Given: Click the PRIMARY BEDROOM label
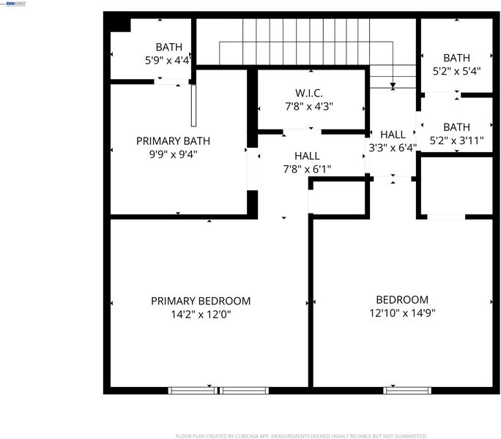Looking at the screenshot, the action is point(201,301).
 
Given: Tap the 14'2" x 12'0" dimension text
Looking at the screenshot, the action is point(201,315).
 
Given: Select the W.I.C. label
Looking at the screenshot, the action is point(308,93).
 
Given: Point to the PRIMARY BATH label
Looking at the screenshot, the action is point(173,140).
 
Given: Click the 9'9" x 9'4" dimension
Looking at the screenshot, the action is point(173,154).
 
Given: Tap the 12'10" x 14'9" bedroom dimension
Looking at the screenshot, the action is point(402,313).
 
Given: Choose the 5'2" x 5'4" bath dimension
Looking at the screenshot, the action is point(456,71).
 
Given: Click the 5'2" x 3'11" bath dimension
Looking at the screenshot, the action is point(456,140).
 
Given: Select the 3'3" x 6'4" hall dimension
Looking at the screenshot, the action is point(393,148).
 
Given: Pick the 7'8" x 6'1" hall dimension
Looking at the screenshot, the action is point(307,169).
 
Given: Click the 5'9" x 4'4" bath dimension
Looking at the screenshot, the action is point(168,60).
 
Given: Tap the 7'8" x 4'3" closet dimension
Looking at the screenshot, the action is point(308,106).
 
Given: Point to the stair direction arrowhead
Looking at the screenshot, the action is point(393,86).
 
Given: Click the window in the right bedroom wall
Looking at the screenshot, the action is point(407,391).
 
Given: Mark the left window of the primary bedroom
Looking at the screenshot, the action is point(193,391).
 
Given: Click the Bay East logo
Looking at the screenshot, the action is point(15,4).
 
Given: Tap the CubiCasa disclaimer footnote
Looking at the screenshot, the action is point(301,436).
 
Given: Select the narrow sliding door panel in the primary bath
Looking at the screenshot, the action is point(193,105).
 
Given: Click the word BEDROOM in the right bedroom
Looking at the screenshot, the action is point(402,299).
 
